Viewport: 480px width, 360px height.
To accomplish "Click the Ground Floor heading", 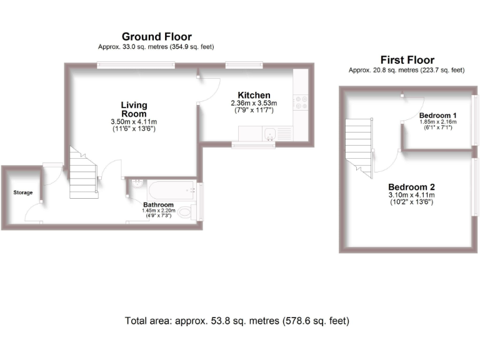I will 156,37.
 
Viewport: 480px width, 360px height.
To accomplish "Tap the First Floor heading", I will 407,60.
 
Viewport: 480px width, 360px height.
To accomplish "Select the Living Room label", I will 134,109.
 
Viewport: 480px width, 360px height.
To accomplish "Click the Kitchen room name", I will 254,95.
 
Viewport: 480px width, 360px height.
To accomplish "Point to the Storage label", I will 23,192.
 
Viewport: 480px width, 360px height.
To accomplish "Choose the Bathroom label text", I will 158,205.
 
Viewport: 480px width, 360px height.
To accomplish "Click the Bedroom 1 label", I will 437,116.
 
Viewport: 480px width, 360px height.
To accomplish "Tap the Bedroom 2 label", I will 411,187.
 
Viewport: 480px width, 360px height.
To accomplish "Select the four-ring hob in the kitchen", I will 302,100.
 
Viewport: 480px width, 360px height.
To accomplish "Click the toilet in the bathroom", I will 186,213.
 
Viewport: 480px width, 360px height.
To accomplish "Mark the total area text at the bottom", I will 237,321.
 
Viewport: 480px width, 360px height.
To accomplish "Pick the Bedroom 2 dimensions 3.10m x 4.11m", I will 411,196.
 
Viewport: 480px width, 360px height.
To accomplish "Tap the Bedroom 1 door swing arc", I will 412,107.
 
